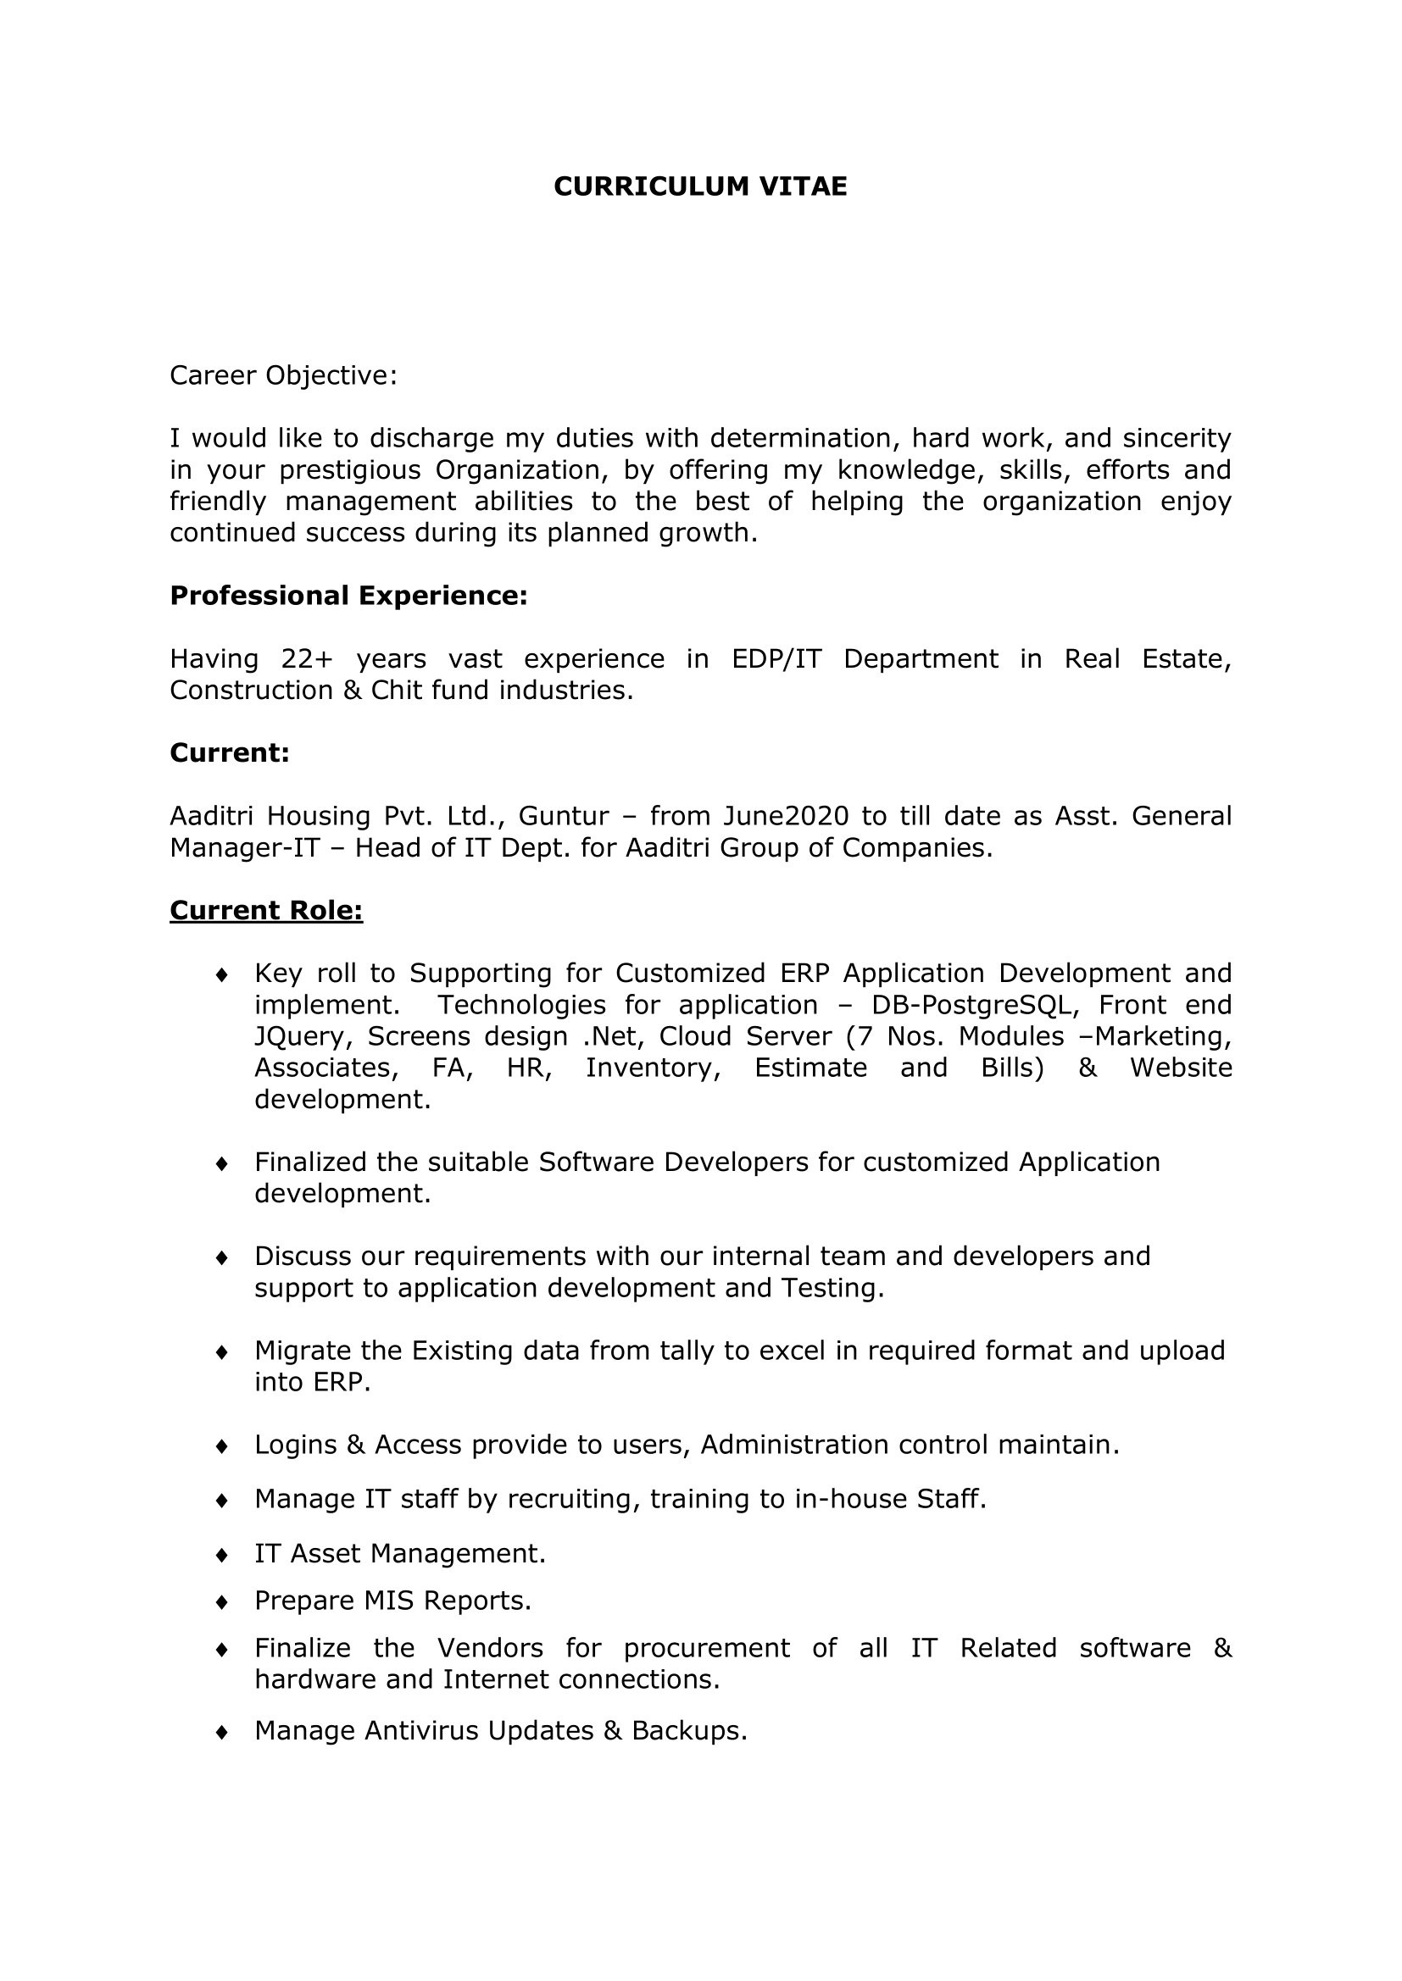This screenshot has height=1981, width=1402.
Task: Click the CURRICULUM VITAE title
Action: tap(700, 186)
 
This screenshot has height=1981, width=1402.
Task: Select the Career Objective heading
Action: tap(283, 375)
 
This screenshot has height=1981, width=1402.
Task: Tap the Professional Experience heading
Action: tap(348, 596)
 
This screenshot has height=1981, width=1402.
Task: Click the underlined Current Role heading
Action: tap(266, 910)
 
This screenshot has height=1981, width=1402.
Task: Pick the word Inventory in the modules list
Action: tap(653, 1068)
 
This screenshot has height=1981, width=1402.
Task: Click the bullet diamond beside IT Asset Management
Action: tap(222, 1555)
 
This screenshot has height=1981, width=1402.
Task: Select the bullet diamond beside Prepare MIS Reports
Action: tap(222, 1602)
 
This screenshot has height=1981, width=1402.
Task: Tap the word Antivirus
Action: tap(422, 1731)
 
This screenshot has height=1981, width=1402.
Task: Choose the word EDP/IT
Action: tap(776, 659)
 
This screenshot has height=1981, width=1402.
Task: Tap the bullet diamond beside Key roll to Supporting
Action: tap(222, 975)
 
